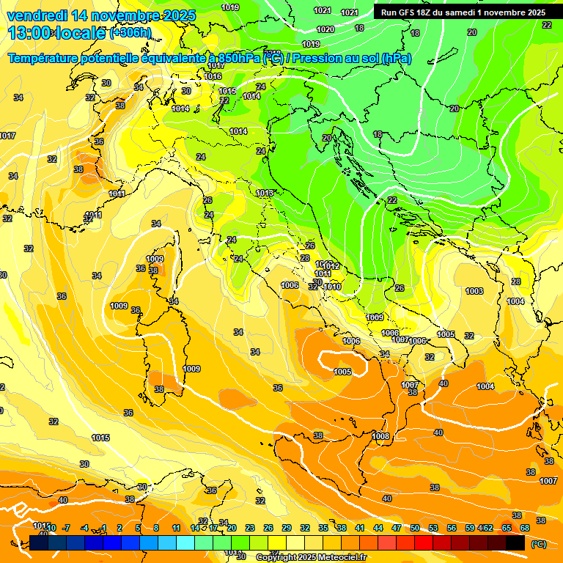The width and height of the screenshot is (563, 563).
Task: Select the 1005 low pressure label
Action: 342,372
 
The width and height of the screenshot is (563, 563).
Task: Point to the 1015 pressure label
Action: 100,438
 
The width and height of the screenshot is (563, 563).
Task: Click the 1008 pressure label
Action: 380,436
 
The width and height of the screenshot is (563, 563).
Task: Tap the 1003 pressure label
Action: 474,291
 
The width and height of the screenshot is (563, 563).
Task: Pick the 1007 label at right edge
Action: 548,481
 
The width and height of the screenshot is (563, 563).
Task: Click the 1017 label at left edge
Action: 7,136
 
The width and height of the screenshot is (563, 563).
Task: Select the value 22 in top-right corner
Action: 547,25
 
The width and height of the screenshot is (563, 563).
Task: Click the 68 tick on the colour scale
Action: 525,528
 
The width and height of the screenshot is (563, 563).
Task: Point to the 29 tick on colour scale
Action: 286,528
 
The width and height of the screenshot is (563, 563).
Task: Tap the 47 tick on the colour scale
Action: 397,528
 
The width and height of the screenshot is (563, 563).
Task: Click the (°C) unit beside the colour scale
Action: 538,543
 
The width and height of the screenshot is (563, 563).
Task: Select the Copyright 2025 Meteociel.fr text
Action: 311,558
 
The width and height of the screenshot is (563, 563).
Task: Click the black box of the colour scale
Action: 515,542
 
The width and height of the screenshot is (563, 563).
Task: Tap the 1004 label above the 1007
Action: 485,386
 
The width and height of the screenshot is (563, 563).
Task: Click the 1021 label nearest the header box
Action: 350,12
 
